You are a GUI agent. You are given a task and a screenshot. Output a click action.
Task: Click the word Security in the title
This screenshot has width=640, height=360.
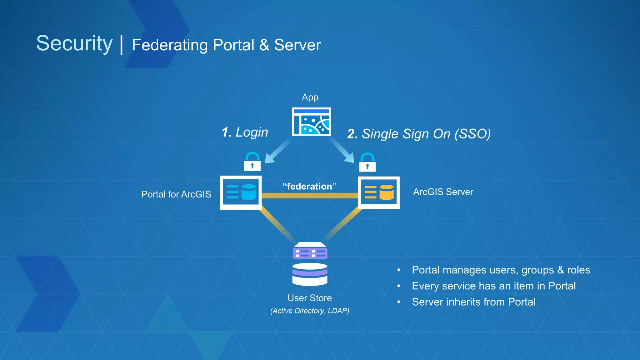point(74,43)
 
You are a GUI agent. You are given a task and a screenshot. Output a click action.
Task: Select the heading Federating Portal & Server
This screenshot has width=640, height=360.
point(226,45)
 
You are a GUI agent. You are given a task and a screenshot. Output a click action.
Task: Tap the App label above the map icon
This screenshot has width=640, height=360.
point(310,97)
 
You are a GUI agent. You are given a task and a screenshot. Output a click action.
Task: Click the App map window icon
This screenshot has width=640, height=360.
point(311,122)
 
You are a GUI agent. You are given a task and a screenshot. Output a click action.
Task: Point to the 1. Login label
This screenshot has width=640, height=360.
point(245,132)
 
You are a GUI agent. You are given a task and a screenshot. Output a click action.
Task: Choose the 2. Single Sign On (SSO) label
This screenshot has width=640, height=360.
point(419,134)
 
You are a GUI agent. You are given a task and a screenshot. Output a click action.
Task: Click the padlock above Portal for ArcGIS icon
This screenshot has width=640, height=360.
point(252,162)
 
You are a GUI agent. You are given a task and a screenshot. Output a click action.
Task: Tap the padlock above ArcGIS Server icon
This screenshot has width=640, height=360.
point(367,162)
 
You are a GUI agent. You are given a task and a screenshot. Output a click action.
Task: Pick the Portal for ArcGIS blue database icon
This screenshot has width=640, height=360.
point(241,192)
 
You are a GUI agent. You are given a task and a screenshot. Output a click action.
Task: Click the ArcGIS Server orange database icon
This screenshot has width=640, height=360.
point(379,192)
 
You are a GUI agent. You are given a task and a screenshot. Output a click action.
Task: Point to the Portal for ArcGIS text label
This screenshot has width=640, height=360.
point(176,194)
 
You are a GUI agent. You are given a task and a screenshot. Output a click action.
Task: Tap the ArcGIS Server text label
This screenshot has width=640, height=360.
point(443,192)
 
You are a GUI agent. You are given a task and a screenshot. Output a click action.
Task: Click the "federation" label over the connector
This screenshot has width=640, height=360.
point(309,187)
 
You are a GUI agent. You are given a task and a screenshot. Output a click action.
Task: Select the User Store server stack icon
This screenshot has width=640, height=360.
point(310,264)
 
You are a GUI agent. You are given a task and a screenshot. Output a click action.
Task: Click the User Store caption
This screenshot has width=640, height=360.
point(309,298)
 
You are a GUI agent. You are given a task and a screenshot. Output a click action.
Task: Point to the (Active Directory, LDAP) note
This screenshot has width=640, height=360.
point(309,311)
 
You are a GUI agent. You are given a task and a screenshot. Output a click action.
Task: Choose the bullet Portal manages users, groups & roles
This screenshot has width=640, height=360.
point(501,270)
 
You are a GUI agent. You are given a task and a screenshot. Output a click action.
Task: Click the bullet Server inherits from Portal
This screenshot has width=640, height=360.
point(473,302)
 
